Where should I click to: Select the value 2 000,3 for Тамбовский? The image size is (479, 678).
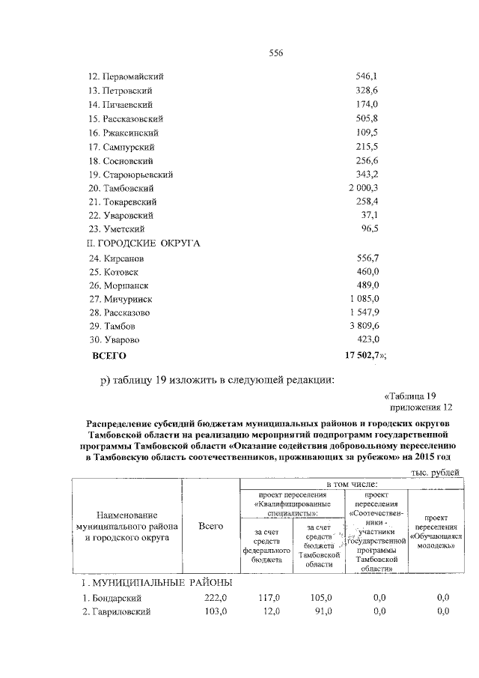coord(364,187)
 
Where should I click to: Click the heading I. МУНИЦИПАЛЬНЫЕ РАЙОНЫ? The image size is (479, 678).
coord(156,582)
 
